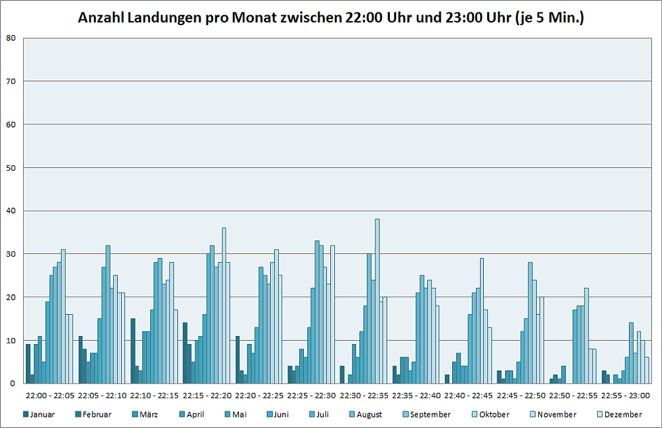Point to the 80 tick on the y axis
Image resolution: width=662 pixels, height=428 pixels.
click(x=11, y=38)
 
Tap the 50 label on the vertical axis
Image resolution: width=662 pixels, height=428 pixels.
click(x=11, y=167)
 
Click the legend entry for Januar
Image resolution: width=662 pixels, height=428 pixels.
click(x=39, y=415)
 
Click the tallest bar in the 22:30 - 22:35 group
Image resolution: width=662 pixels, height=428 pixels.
click(x=377, y=302)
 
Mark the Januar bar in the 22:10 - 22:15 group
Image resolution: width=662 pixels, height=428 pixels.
click(x=133, y=351)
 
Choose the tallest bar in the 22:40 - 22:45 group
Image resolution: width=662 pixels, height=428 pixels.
click(x=482, y=321)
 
